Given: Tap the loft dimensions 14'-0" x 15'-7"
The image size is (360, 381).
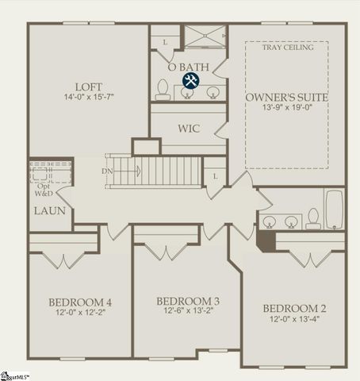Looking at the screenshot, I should coord(88,98).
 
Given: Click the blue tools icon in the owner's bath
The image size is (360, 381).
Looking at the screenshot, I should coord(191,80).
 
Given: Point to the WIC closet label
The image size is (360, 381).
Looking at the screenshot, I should coord(189,128).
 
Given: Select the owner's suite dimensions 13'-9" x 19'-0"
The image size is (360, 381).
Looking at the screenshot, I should coord(286,109).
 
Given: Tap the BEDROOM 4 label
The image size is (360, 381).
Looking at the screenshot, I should coord(80,302).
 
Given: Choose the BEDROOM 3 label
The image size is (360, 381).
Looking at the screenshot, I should coord(187,301).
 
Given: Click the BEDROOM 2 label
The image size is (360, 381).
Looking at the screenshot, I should coord(294,308).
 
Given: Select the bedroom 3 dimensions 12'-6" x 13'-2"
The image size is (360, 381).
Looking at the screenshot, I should coord(187,313).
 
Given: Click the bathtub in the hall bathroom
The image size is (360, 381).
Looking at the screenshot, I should coord(334,209).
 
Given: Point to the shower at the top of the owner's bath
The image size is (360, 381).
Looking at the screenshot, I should coord(205,37).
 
